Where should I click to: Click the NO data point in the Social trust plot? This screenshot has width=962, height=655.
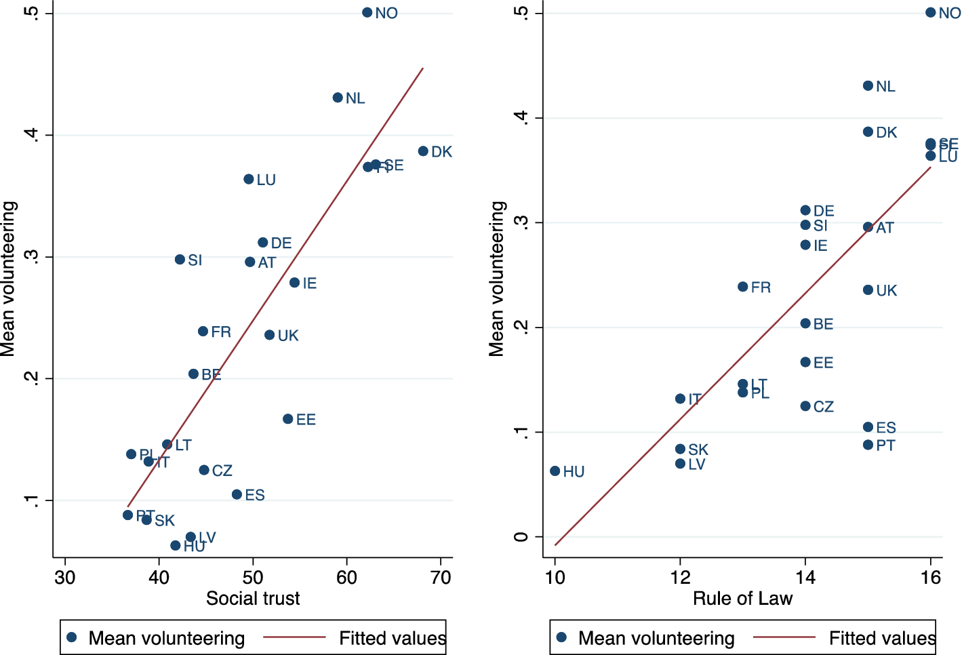point(367,13)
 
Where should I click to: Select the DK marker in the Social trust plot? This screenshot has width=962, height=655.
point(423,151)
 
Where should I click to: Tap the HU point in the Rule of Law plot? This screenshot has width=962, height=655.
point(555,471)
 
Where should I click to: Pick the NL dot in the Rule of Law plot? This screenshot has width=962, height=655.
point(868,86)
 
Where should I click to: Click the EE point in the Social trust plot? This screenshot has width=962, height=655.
point(288,419)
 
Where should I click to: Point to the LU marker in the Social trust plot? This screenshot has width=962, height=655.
point(249,180)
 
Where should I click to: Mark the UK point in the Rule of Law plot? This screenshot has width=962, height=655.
point(868,290)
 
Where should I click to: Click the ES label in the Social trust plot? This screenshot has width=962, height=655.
point(255,496)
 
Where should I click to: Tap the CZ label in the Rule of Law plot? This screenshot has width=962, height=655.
point(824,407)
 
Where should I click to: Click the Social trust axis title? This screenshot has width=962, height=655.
point(253,599)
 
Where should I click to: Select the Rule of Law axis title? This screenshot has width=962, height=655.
point(742,599)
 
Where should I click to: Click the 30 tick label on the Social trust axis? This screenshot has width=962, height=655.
point(65,578)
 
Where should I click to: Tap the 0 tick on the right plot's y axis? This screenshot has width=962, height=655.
point(521,537)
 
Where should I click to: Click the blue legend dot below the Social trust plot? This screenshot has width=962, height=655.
point(72,637)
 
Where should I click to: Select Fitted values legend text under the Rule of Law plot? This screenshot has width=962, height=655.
point(882,638)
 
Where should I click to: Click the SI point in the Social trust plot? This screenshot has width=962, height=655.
point(180,260)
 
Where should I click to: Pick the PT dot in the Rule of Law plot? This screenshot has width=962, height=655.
point(868,445)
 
